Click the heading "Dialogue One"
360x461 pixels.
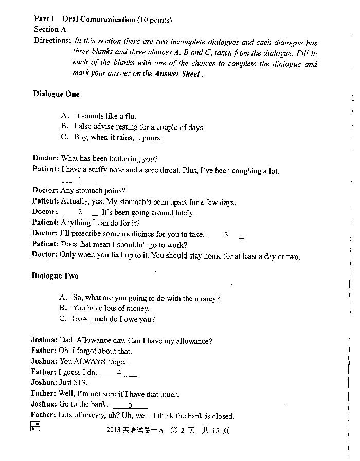(x=57, y=94)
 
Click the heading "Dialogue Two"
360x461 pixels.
(x=55, y=276)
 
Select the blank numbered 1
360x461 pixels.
(x=80, y=180)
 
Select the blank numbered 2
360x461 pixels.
(x=80, y=212)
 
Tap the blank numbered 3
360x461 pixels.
(x=226, y=234)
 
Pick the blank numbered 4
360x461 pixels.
(x=119, y=372)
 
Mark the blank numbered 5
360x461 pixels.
(x=130, y=404)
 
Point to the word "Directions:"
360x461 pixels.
(x=52, y=40)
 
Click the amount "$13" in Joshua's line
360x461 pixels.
(x=81, y=383)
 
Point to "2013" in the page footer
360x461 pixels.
(x=113, y=431)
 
